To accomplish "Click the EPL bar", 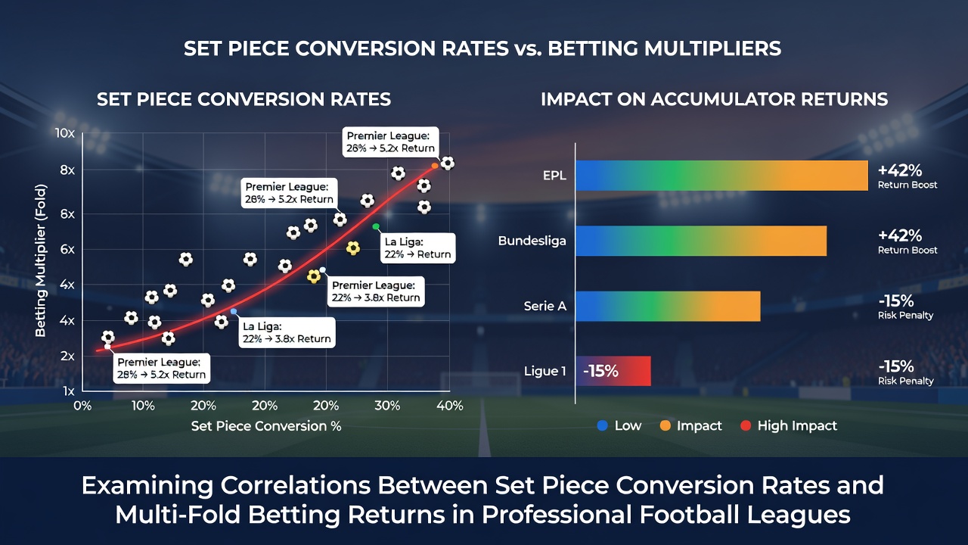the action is tap(721, 176).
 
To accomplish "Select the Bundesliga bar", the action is tap(701, 241).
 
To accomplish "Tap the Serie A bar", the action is tap(668, 307).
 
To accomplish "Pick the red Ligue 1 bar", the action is tap(613, 371).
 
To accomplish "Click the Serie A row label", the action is tap(545, 307).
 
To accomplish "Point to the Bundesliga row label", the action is tap(532, 241).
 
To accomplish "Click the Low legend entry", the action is tap(619, 425).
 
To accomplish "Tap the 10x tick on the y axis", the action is tap(65, 133).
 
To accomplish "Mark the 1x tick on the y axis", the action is tap(69, 391).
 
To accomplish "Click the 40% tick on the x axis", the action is tap(450, 406).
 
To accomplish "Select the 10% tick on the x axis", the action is tap(143, 406).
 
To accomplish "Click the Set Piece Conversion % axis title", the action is tap(266, 426).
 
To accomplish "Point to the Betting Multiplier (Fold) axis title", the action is tap(41, 261).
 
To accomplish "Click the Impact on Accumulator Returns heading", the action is tap(715, 99).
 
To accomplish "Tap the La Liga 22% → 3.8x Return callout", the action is tap(287, 332).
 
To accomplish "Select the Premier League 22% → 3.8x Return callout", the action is tap(376, 291).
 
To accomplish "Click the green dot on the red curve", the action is tap(376, 226).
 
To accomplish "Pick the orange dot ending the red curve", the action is tap(435, 166).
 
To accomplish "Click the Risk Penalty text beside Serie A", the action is tap(905, 316).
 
